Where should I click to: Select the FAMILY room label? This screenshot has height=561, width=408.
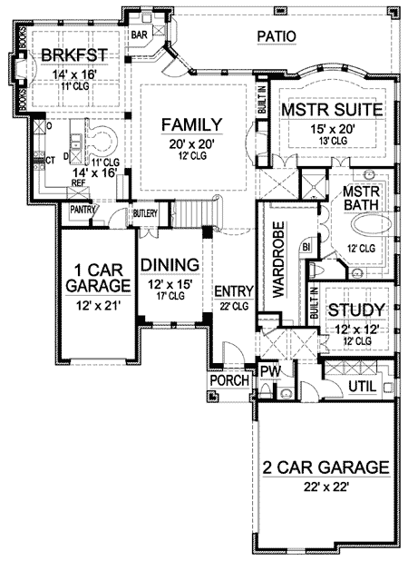click(x=187, y=123)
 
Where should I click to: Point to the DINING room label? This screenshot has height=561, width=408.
click(x=170, y=265)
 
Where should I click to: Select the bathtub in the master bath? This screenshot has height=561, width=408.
click(x=368, y=229)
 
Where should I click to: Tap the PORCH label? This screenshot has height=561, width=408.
click(x=229, y=381)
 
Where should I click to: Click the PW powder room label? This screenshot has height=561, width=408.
click(x=269, y=372)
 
